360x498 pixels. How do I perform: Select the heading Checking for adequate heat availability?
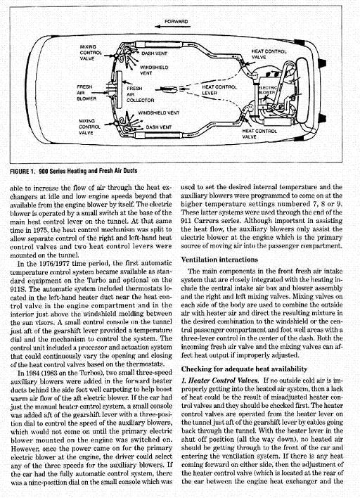pos(245,369)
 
